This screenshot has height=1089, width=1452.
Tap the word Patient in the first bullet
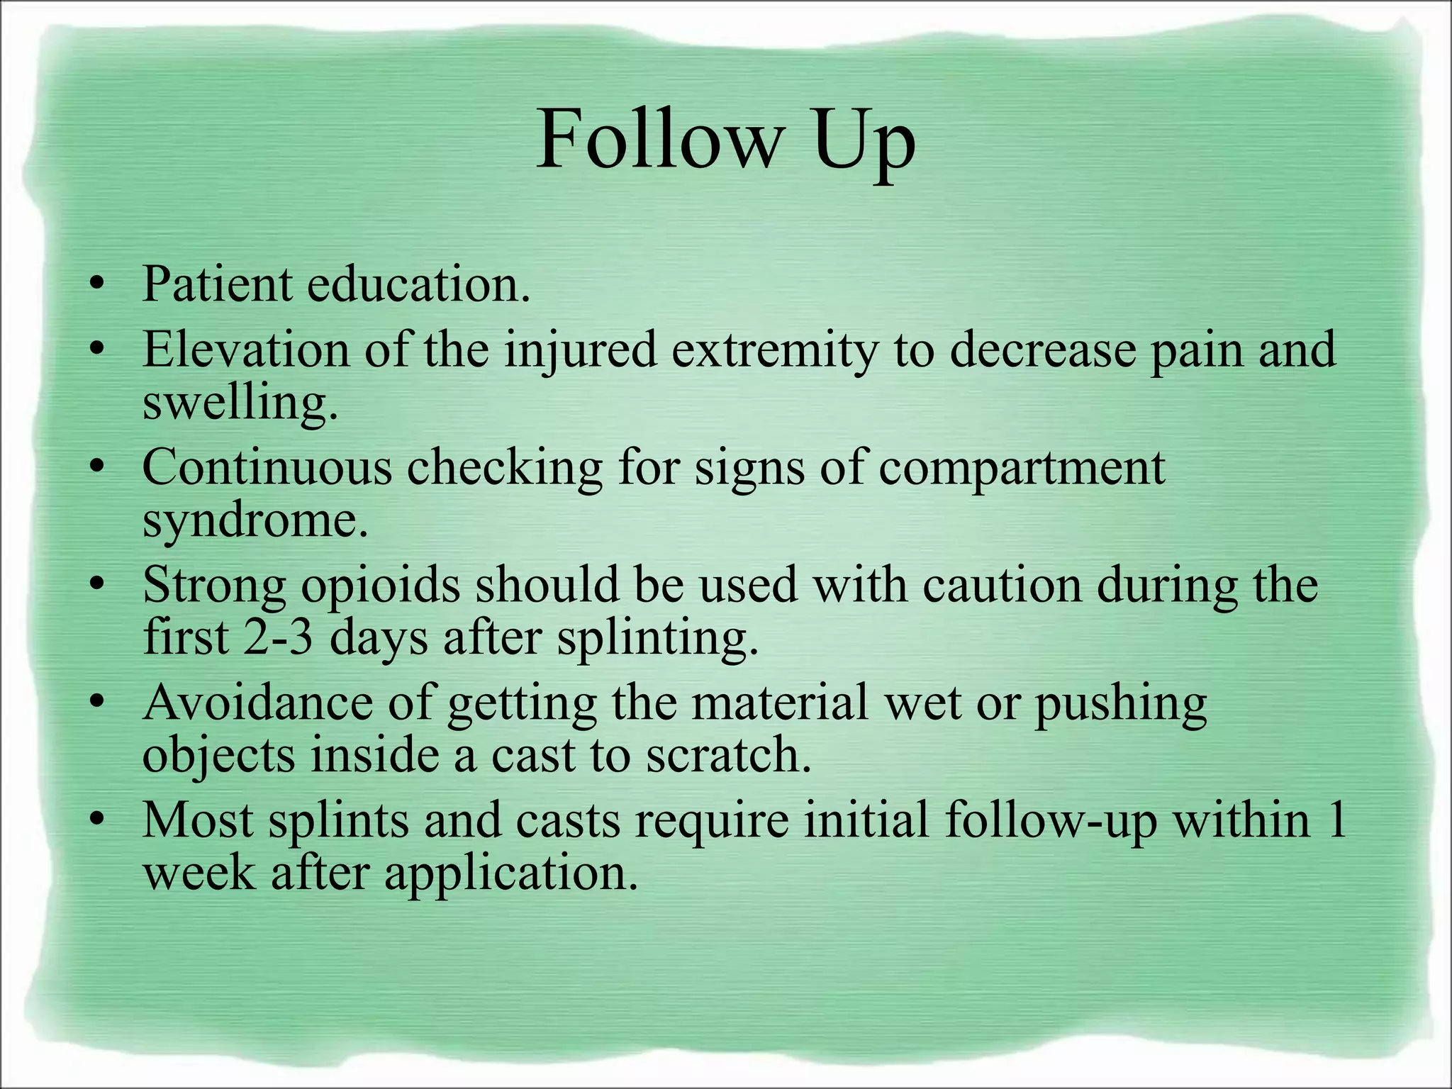[216, 284]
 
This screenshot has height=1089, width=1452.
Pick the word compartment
[1022, 468]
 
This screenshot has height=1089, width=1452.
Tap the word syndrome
[255, 522]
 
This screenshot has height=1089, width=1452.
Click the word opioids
[380, 586]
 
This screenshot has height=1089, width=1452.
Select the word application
[511, 873]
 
